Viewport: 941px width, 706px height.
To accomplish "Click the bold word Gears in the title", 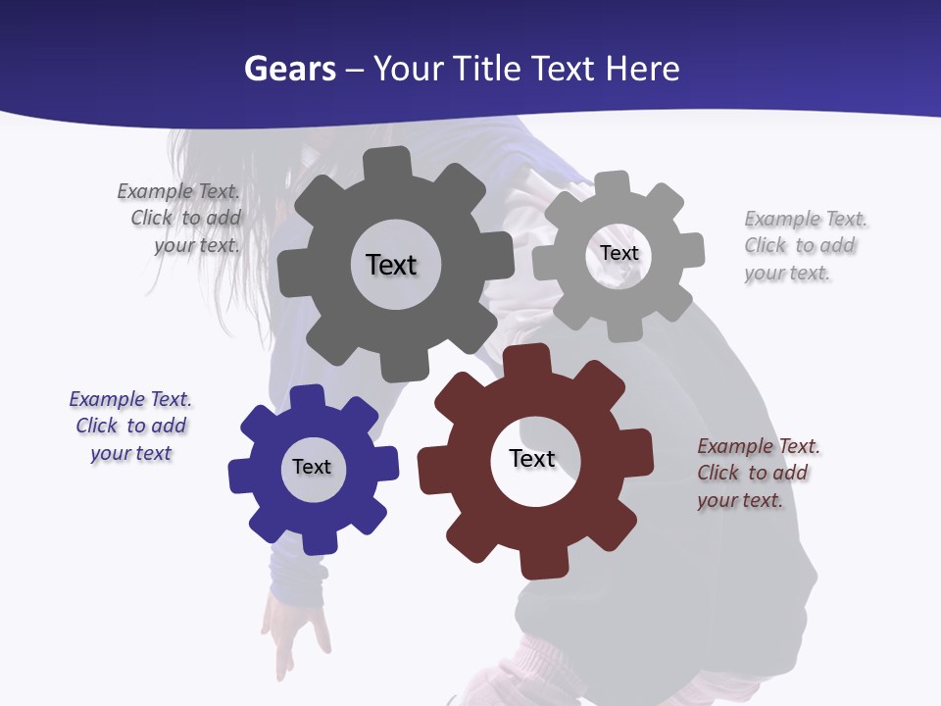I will [x=289, y=69].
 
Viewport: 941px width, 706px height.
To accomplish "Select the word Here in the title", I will [x=642, y=69].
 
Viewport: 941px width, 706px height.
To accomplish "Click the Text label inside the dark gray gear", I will [x=391, y=265].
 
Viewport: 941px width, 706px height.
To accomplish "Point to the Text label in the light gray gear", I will [x=619, y=253].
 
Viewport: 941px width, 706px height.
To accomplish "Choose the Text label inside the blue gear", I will [x=312, y=467].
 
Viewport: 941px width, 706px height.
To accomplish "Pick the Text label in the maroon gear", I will [x=532, y=458].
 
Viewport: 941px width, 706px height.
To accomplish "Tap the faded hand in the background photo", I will [x=294, y=618].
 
